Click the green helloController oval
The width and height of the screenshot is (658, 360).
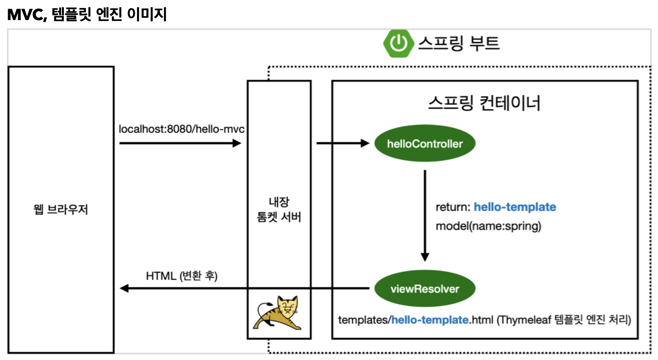click(425, 143)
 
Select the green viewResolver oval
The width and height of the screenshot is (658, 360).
click(425, 288)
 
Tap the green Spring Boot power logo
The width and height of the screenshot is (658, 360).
click(398, 43)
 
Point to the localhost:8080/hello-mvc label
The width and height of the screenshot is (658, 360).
click(182, 129)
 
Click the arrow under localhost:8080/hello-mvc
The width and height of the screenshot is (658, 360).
click(180, 143)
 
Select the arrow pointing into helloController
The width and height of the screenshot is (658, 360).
click(342, 143)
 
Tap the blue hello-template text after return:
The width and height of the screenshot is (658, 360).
click(515, 207)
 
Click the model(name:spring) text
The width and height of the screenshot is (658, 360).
click(488, 226)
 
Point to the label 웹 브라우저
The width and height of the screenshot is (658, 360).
click(61, 209)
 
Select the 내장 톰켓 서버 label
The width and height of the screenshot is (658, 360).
click(279, 209)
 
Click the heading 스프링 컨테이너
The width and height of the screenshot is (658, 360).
click(484, 103)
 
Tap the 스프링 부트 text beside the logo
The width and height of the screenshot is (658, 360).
click(459, 43)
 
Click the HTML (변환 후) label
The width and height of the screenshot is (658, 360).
click(182, 276)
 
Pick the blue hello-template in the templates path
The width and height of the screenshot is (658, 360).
click(430, 320)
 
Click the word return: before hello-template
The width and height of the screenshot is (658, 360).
click(453, 207)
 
